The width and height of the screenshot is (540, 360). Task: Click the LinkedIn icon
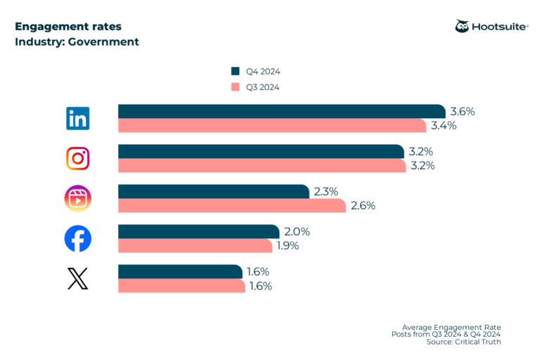(x=77, y=119)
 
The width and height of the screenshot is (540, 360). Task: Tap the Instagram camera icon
(x=77, y=159)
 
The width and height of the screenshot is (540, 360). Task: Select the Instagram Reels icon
(x=77, y=199)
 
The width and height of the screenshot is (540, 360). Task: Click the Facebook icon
(x=77, y=239)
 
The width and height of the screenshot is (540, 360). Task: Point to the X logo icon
(x=77, y=279)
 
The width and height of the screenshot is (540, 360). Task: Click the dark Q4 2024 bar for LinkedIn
(x=281, y=112)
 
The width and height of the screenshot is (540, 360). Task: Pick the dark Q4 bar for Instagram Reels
(x=213, y=192)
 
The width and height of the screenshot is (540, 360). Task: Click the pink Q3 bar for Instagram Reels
(x=232, y=206)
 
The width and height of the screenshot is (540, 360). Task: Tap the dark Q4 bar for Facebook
(x=198, y=232)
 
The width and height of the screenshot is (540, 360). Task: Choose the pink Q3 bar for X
(x=181, y=286)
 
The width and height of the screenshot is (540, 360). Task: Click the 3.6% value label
(x=463, y=112)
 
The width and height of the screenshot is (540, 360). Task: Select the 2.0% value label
(x=296, y=232)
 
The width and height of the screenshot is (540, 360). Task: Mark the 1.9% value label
(x=286, y=246)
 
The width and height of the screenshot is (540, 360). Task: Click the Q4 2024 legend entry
(x=257, y=71)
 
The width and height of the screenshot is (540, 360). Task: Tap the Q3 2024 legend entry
(x=257, y=87)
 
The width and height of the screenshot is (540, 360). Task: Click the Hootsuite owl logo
(x=463, y=27)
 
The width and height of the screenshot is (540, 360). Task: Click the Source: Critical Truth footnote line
(x=463, y=342)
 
